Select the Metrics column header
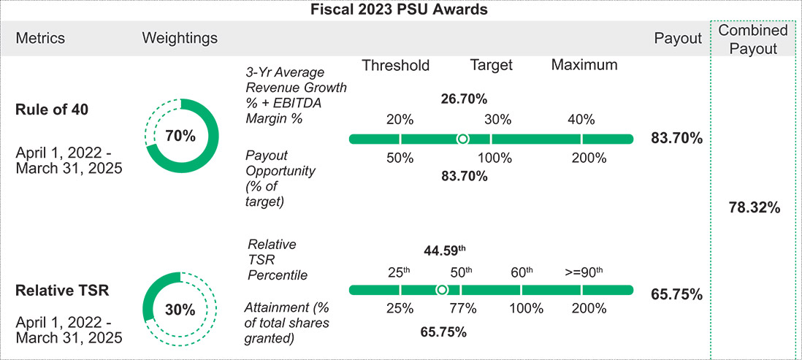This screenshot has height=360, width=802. click(x=40, y=38)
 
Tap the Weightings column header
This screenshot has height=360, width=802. click(x=180, y=38)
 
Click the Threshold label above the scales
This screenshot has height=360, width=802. click(x=395, y=65)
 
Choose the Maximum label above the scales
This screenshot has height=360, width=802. click(x=584, y=65)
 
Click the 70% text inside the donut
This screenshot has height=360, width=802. click(x=180, y=136)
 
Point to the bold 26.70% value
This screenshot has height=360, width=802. click(x=464, y=99)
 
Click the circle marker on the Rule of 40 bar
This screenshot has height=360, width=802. click(x=462, y=139)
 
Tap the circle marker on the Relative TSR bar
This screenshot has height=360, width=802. click(x=441, y=290)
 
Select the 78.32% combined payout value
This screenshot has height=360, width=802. click(x=755, y=208)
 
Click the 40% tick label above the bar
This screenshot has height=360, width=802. click(x=581, y=120)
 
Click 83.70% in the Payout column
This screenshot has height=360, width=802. click(x=676, y=137)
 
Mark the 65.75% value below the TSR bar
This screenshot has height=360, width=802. click(x=443, y=332)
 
